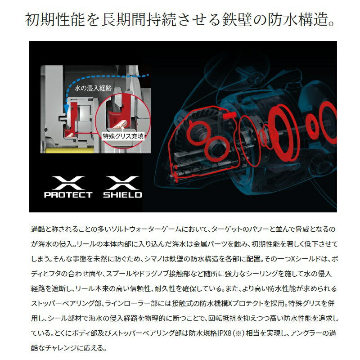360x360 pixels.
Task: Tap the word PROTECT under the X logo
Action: pos(68,195)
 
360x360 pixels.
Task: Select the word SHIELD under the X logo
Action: pos(122,195)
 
